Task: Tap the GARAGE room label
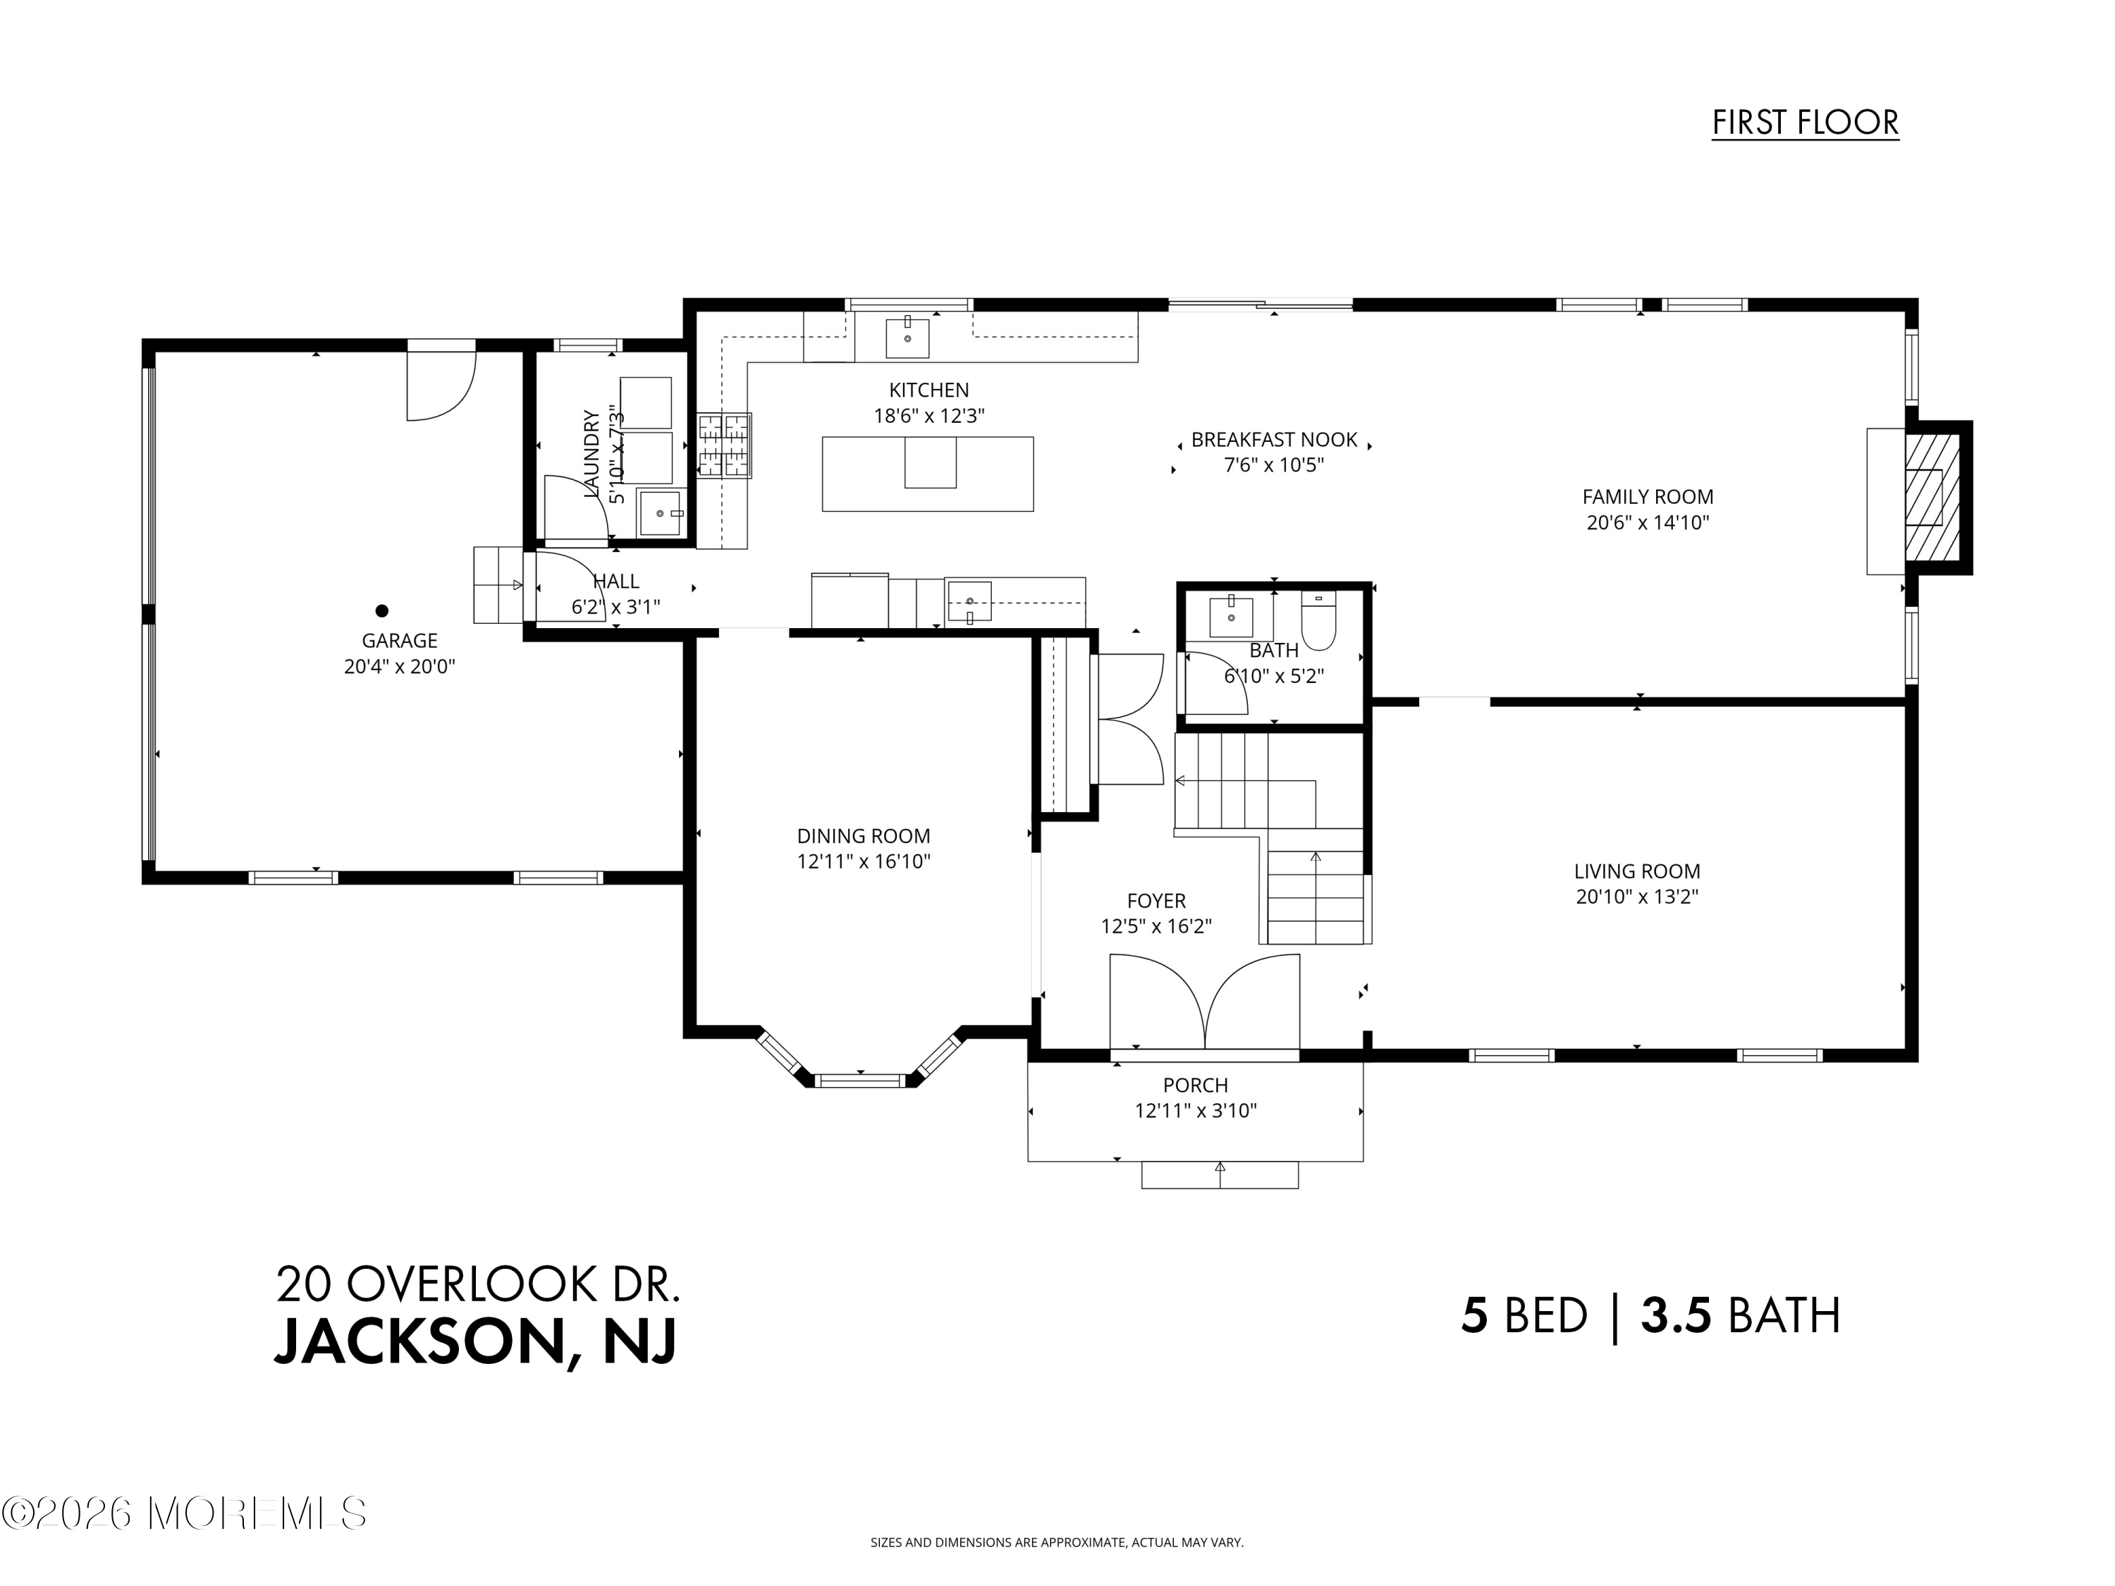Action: click(x=399, y=641)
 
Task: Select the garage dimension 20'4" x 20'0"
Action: click(x=399, y=666)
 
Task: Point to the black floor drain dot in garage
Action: click(x=381, y=610)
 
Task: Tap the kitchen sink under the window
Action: click(x=907, y=338)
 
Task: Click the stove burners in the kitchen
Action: click(x=724, y=445)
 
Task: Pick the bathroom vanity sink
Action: click(x=1232, y=617)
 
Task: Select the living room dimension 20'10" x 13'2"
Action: click(x=1636, y=897)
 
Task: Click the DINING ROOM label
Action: click(x=864, y=835)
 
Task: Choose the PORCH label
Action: click(x=1195, y=1085)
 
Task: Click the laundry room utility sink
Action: click(x=661, y=513)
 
